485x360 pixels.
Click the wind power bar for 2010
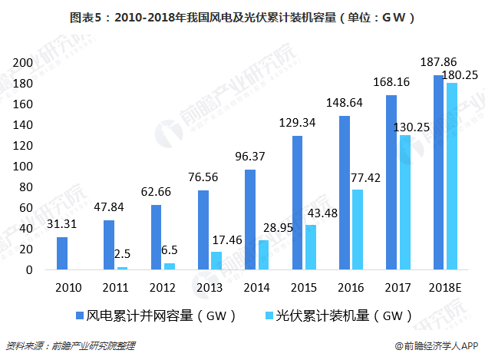(62, 253)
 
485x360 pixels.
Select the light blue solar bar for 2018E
(452, 177)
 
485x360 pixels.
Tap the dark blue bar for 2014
(250, 220)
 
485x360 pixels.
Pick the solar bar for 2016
(357, 230)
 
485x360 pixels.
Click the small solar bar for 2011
(122, 268)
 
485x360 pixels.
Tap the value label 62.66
(157, 192)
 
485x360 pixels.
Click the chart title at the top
(242, 16)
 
